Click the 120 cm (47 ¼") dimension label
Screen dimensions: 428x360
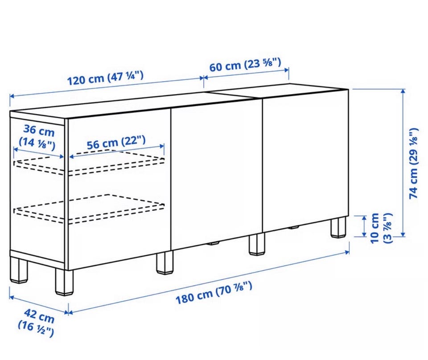pyautogui.click(x=105, y=78)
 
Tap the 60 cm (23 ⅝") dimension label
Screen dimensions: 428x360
pyautogui.click(x=245, y=65)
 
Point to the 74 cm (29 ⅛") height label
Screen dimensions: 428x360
pyautogui.click(x=413, y=163)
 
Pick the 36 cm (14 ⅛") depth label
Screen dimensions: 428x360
pyautogui.click(x=37, y=137)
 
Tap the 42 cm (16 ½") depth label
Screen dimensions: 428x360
pyautogui.click(x=37, y=323)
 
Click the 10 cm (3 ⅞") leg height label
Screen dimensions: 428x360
pyautogui.click(x=381, y=228)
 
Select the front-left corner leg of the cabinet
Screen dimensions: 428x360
pyautogui.click(x=64, y=282)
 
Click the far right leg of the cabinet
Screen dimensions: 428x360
pyautogui.click(x=339, y=227)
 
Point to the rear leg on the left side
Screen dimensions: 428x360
pyautogui.click(x=19, y=270)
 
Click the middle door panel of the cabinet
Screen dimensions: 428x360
pyautogui.click(x=217, y=175)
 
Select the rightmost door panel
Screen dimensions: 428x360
pyautogui.click(x=305, y=161)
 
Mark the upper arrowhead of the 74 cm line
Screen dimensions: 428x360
pyautogui.click(x=403, y=91)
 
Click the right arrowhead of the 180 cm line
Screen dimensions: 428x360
pyautogui.click(x=347, y=252)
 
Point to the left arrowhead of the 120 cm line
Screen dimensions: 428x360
pyautogui.click(x=12, y=96)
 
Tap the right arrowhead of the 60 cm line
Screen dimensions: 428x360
pyautogui.click(x=286, y=70)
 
